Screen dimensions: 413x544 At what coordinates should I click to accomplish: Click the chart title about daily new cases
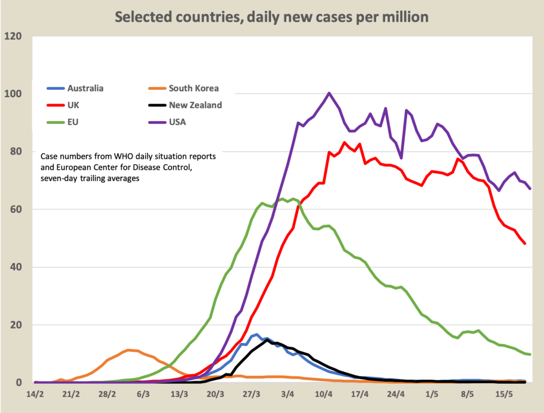pyautogui.click(x=272, y=16)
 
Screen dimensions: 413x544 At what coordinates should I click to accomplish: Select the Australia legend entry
pyautogui.click(x=85, y=88)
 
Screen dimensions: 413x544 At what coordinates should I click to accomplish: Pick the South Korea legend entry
pyautogui.click(x=193, y=88)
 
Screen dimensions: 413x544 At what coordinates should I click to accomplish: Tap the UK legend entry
pyautogui.click(x=74, y=105)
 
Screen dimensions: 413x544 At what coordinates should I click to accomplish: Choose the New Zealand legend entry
pyautogui.click(x=195, y=105)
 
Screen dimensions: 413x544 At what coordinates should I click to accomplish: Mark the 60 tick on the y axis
pyautogui.click(x=16, y=210)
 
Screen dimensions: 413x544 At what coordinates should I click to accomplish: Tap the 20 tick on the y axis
pyautogui.click(x=16, y=325)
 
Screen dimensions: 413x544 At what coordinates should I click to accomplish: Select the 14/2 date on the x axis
pyautogui.click(x=35, y=395)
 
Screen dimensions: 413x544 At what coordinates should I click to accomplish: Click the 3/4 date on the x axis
pyautogui.click(x=287, y=395)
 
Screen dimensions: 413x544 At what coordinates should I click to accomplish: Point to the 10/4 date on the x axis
pyautogui.click(x=324, y=395)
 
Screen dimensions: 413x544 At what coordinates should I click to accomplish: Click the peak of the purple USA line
pyautogui.click(x=329, y=93)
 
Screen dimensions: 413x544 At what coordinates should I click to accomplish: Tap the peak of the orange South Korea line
pyautogui.click(x=128, y=350)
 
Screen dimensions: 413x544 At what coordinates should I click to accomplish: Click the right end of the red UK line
pyautogui.click(x=525, y=244)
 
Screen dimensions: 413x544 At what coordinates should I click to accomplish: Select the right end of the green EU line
pyautogui.click(x=530, y=355)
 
